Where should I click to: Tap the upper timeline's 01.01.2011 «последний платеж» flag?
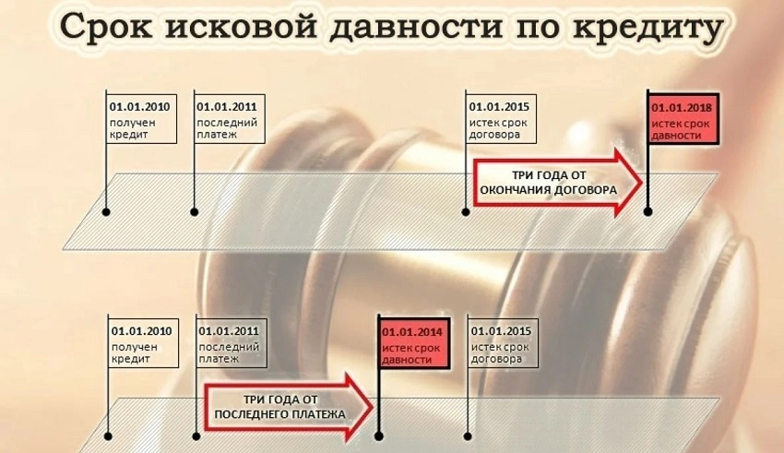click(227, 118)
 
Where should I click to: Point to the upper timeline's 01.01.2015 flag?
click(499, 118)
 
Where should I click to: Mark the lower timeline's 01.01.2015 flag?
click(503, 344)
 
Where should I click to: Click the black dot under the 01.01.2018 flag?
click(647, 211)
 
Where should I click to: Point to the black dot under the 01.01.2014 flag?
click(378, 436)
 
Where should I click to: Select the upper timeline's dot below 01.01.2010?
click(107, 212)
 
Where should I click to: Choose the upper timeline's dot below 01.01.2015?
click(466, 212)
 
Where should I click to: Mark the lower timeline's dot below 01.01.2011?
click(196, 436)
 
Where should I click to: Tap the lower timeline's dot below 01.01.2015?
click(469, 436)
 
